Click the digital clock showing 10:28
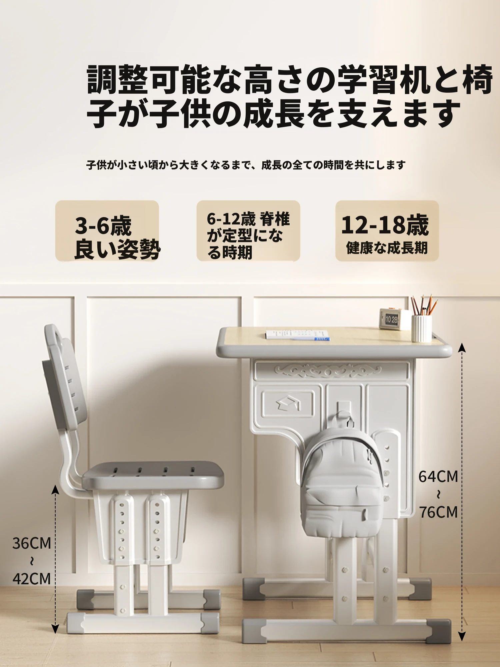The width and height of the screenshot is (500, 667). tap(391, 319)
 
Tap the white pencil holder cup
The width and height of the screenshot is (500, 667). tap(422, 328)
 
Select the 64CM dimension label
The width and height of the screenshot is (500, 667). tap(438, 477)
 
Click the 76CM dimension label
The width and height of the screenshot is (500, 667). tap(438, 512)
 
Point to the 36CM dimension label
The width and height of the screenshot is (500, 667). tap(32, 543)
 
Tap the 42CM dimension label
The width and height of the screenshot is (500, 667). tap(32, 579)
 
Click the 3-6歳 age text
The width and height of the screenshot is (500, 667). tap(103, 226)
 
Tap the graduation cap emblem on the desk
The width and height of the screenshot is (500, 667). tap(288, 404)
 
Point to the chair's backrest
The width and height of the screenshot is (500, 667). tap(65, 377)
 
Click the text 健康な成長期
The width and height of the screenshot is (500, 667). tap(387, 248)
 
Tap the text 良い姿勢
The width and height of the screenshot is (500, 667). tap(117, 249)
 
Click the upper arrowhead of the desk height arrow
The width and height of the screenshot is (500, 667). tap(462, 347)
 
